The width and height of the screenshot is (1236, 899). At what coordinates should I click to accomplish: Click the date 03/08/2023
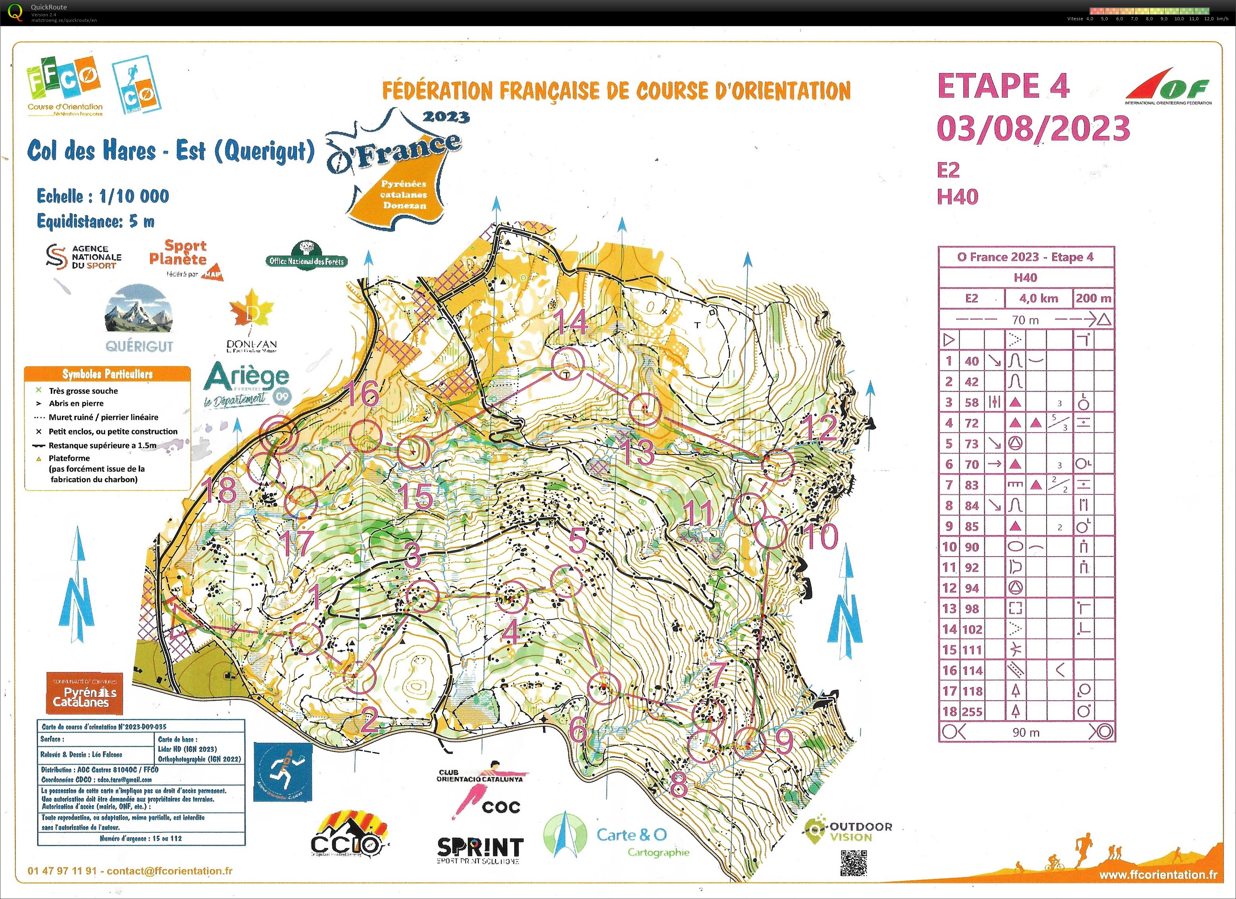point(1033,129)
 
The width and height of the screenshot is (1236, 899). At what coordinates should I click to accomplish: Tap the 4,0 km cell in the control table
point(1038,298)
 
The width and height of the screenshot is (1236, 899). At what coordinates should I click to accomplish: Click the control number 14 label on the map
point(570,322)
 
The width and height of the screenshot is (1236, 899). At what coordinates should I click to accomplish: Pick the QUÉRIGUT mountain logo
point(139,319)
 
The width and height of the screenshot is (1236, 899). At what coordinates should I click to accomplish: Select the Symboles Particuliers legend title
point(107,374)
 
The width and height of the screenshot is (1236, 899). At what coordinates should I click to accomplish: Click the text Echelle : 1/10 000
point(103,196)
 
